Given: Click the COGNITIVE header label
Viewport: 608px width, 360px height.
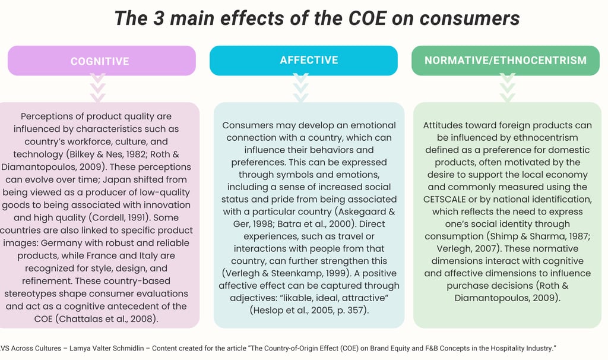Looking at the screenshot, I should (100, 61).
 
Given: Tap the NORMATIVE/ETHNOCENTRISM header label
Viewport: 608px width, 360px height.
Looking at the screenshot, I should (505, 60).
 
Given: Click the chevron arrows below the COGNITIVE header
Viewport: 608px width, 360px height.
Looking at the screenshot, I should (97, 88).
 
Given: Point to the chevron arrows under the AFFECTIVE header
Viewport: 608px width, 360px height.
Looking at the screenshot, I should (301, 88).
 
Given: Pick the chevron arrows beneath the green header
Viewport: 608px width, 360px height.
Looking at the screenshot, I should (507, 88).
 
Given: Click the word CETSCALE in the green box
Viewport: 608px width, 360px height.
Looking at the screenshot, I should (451, 198).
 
